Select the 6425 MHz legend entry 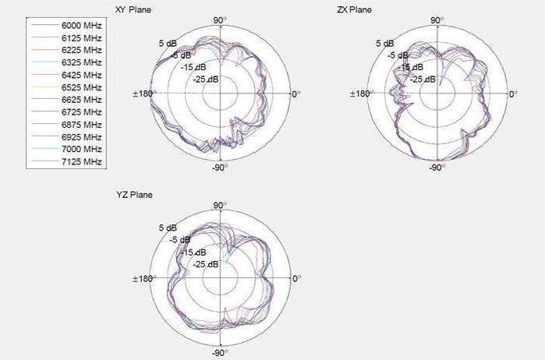click(82, 74)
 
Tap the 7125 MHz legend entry click(82, 161)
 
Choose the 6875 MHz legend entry click(82, 124)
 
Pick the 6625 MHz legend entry click(82, 99)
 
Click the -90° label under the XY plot click(219, 168)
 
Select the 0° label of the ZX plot click(512, 94)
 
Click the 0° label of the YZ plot click(296, 278)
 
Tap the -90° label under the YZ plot click(219, 353)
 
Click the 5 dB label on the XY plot click(166, 44)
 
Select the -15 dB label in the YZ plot click(194, 252)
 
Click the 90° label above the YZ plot click(220, 204)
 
